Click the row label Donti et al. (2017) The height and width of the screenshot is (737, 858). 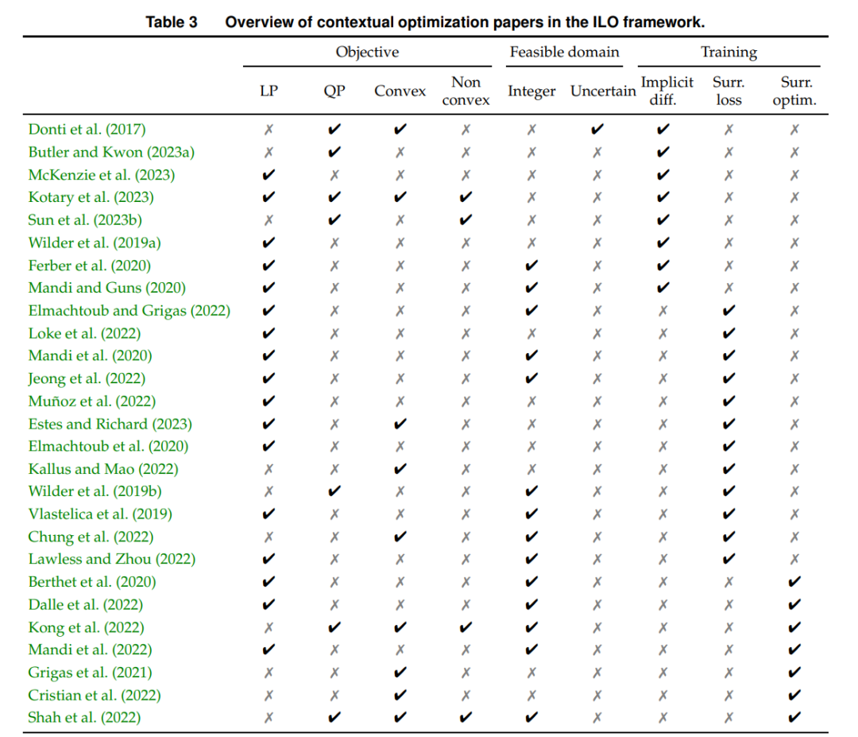click(x=87, y=130)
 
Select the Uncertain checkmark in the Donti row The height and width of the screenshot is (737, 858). click(x=597, y=130)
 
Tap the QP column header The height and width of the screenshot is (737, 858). click(x=334, y=91)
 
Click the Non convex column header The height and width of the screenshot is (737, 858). click(x=466, y=91)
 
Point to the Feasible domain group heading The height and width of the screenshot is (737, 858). click(x=565, y=52)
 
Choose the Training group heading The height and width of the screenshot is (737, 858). click(x=729, y=52)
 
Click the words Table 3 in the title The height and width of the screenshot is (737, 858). click(x=172, y=22)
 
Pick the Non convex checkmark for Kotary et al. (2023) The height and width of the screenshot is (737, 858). click(x=466, y=197)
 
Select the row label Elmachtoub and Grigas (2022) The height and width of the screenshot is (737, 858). click(x=129, y=310)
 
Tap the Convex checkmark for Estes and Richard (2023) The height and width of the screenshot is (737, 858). click(x=400, y=424)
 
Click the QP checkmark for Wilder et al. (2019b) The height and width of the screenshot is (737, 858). click(x=334, y=491)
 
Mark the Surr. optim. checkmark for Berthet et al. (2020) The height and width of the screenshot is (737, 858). click(x=794, y=581)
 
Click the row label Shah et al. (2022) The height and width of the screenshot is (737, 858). click(x=84, y=717)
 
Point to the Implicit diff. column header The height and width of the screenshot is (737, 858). click(x=667, y=91)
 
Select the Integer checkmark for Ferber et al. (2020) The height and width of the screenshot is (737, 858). click(x=531, y=266)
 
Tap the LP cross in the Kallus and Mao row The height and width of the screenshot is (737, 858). click(x=269, y=469)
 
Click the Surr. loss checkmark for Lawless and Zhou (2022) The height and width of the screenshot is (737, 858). click(x=729, y=559)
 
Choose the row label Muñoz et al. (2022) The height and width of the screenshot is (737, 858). click(x=92, y=401)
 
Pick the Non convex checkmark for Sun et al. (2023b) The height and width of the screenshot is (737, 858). click(x=466, y=220)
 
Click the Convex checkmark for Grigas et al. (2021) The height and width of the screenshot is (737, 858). click(x=400, y=673)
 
